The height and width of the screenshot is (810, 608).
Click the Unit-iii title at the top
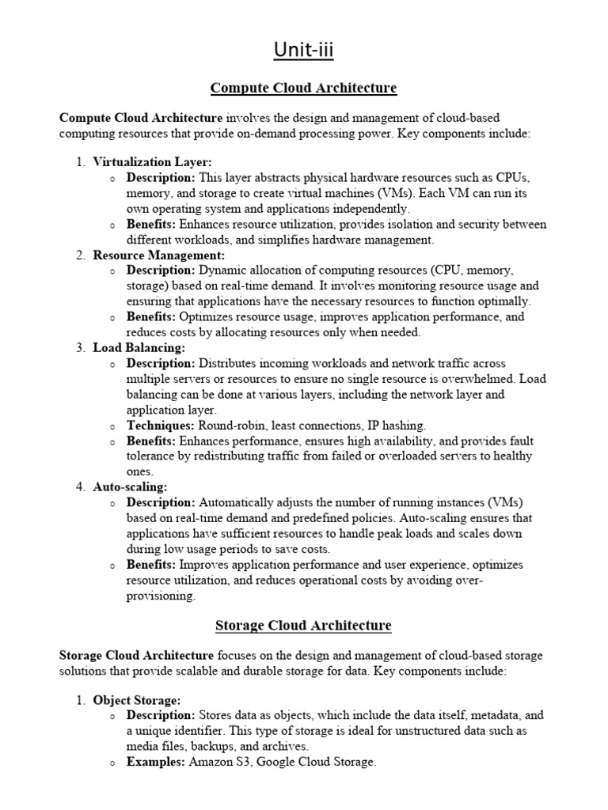click(x=304, y=51)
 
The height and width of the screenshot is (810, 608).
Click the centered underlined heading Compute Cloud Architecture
click(x=304, y=87)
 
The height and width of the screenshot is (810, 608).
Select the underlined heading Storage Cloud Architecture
click(x=304, y=626)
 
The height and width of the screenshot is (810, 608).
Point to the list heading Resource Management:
click(x=159, y=255)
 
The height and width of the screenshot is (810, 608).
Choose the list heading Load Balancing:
click(x=139, y=347)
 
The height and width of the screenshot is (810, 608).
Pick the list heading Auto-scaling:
click(x=130, y=486)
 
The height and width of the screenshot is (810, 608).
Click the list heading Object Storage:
click(x=137, y=700)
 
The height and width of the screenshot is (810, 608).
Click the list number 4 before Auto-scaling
click(x=81, y=486)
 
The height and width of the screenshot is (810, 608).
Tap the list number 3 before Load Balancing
click(x=81, y=347)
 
